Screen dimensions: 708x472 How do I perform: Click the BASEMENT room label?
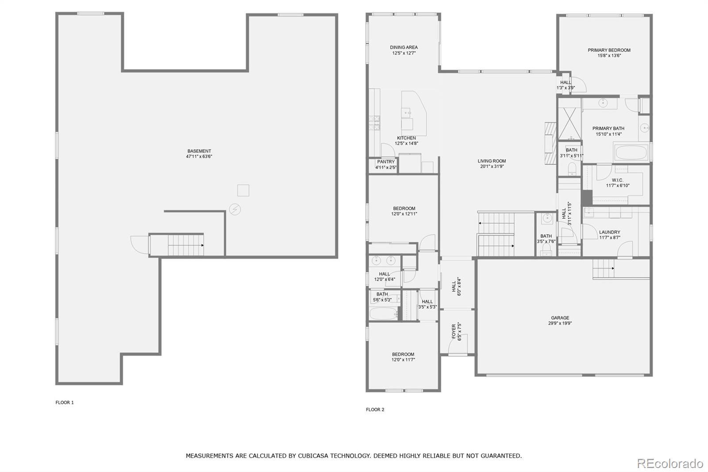199,151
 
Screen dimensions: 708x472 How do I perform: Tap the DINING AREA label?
404,47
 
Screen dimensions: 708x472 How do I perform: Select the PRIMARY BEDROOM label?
609,50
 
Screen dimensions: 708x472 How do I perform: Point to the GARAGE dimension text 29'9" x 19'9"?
560,323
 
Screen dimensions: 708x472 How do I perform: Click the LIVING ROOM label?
492,161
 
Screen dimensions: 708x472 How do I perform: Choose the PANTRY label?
386,162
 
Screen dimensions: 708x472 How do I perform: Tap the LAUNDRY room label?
610,232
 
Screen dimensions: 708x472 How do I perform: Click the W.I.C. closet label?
617,180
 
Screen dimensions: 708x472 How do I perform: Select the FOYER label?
454,332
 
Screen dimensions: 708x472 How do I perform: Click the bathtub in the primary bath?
631,152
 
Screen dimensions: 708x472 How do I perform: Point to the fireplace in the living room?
550,143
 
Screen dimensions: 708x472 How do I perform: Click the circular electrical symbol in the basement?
235,209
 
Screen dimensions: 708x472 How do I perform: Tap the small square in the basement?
243,190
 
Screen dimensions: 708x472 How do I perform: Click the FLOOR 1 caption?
65,402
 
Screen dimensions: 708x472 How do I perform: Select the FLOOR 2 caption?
375,410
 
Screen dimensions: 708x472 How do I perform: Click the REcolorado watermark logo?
670,464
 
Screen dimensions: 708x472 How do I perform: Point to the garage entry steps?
604,268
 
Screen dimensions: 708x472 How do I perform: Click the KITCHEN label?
407,138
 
